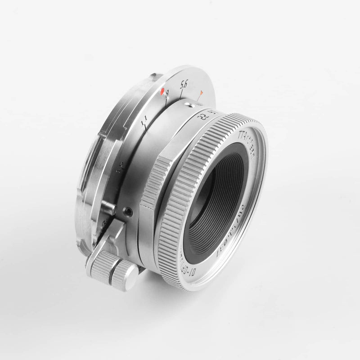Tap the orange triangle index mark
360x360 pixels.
(201, 93)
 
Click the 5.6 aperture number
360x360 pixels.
(183, 84)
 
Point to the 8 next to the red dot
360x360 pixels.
(167, 94)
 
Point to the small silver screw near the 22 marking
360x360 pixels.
(192, 105)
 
